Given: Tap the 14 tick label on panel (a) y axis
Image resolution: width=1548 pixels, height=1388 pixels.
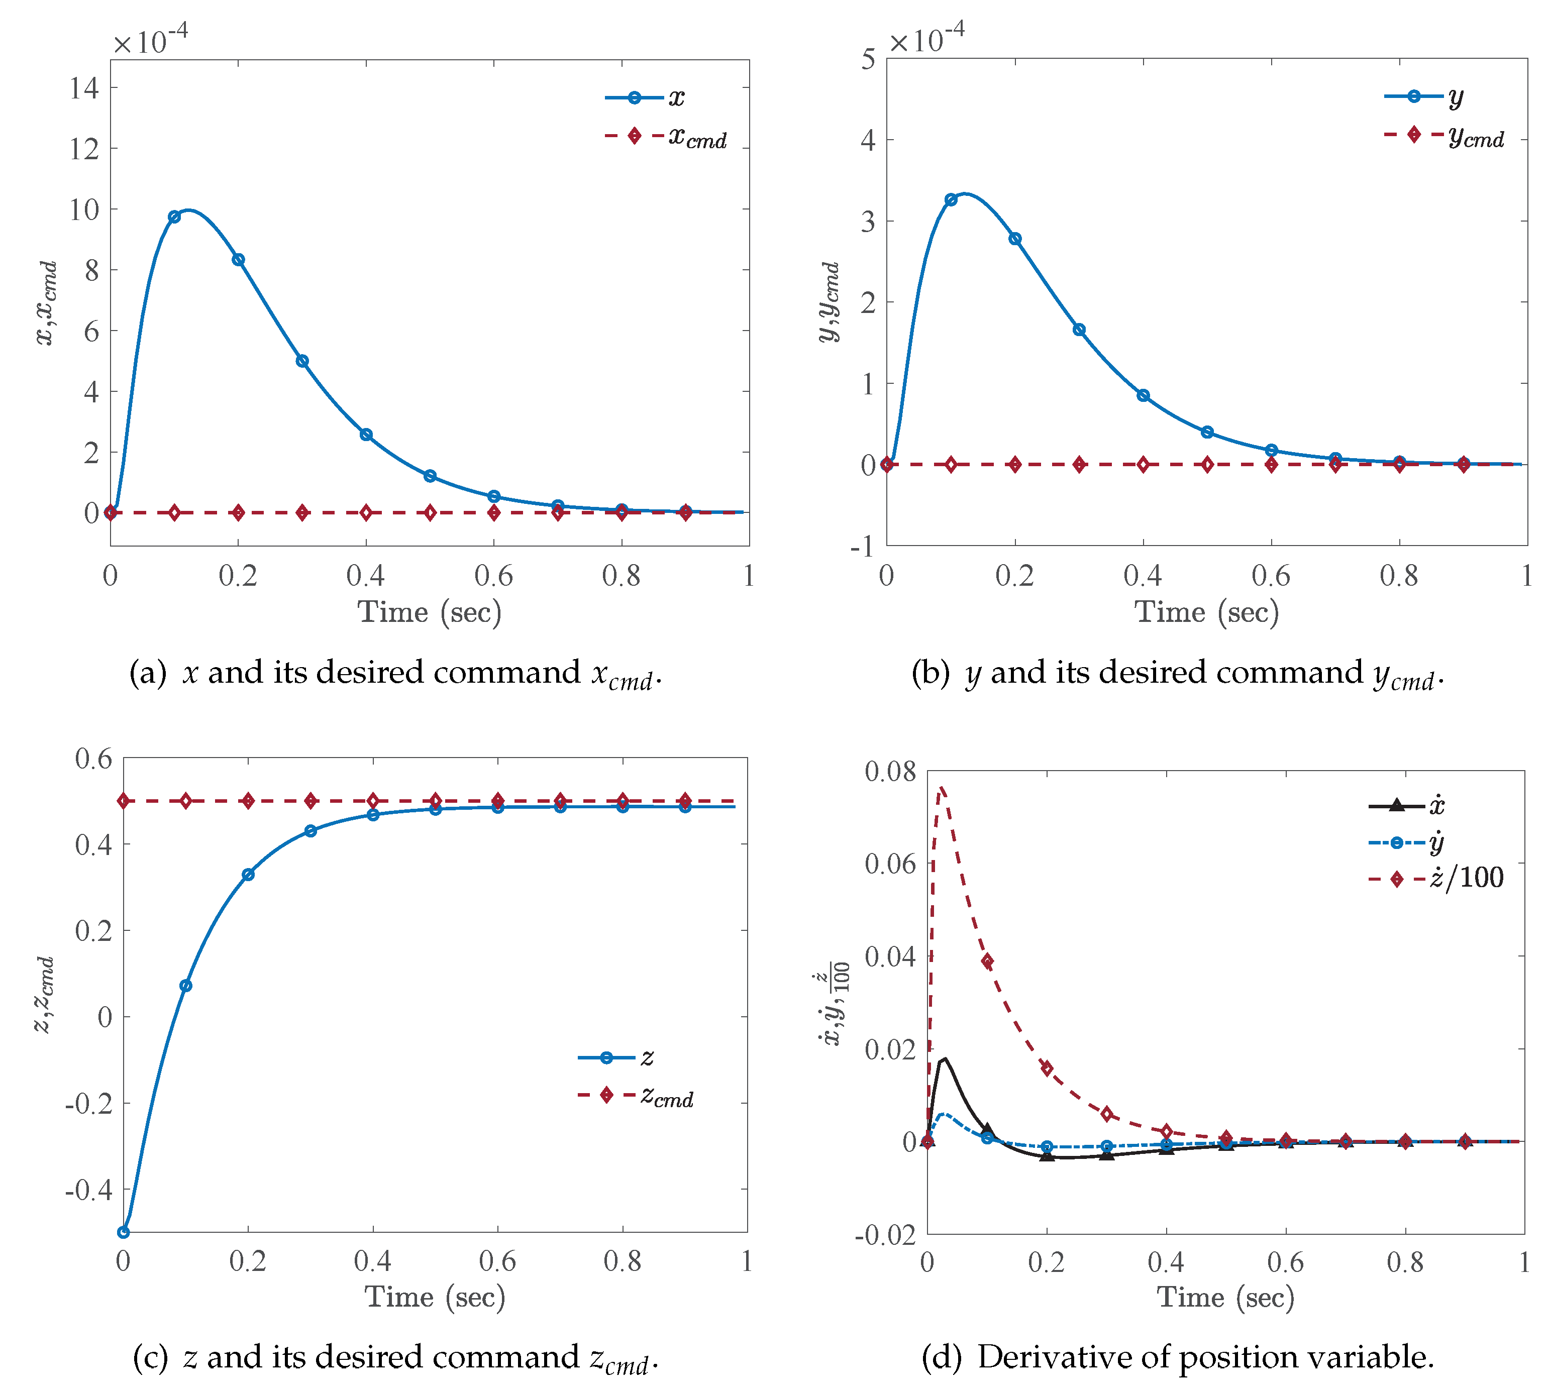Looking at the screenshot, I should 84,88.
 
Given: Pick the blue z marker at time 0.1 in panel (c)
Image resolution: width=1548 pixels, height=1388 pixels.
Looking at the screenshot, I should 185,985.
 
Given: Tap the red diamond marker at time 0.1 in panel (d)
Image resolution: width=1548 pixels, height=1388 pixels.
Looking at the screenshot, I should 987,962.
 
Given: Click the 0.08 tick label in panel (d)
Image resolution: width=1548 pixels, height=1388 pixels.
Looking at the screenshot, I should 890,771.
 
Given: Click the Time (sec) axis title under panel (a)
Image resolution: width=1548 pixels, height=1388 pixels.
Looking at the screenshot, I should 429,612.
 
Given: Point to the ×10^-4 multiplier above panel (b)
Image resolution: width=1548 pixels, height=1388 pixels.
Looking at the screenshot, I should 926,40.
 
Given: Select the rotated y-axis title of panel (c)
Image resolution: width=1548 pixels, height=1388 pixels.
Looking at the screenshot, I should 44,995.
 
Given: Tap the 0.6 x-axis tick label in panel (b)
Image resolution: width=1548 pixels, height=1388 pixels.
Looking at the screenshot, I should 1271,576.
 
